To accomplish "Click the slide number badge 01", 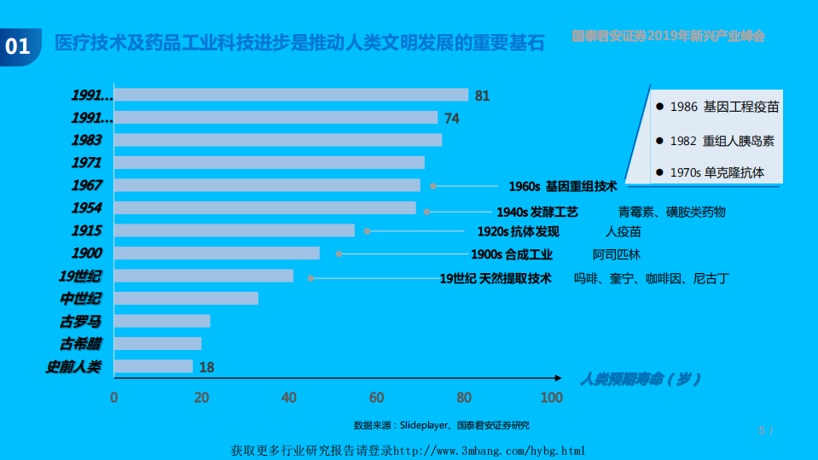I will pyautogui.click(x=18, y=45).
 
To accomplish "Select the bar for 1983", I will pyautogui.click(x=278, y=140).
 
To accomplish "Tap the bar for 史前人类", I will pyautogui.click(x=154, y=366).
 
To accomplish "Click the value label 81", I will pyautogui.click(x=482, y=96).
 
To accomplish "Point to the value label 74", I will pyautogui.click(x=451, y=118).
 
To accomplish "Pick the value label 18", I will pyautogui.click(x=206, y=367).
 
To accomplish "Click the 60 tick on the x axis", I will pyautogui.click(x=376, y=398).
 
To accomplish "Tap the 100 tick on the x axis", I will pyautogui.click(x=551, y=398).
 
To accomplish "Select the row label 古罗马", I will pyautogui.click(x=80, y=322).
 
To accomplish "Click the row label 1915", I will pyautogui.click(x=87, y=230).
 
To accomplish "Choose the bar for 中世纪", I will pyautogui.click(x=186, y=299).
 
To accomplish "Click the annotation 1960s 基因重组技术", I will pyautogui.click(x=562, y=186).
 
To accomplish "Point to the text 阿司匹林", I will pyautogui.click(x=616, y=254).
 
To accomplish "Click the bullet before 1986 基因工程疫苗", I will pyautogui.click(x=659, y=107).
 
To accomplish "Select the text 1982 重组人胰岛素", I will pyautogui.click(x=722, y=141).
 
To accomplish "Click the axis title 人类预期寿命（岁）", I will pyautogui.click(x=641, y=379).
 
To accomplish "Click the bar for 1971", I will pyautogui.click(x=270, y=163).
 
